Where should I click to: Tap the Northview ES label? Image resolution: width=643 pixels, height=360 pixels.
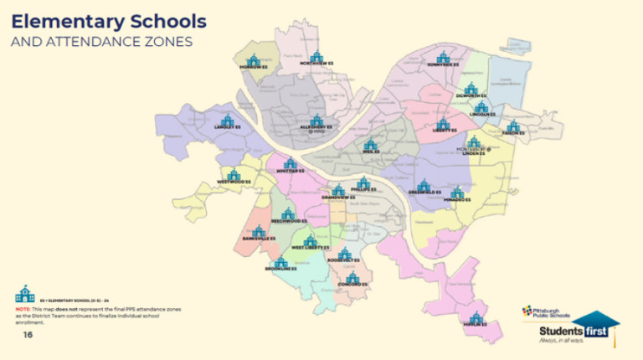316,63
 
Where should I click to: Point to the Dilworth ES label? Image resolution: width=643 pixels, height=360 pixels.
471,96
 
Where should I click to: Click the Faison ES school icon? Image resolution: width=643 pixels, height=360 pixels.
513,126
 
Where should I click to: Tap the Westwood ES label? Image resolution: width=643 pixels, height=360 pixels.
234,181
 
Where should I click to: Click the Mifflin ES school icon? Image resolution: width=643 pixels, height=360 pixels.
476,317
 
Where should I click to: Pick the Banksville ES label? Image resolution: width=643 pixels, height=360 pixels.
260,239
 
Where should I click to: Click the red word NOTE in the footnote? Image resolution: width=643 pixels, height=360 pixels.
22,308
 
